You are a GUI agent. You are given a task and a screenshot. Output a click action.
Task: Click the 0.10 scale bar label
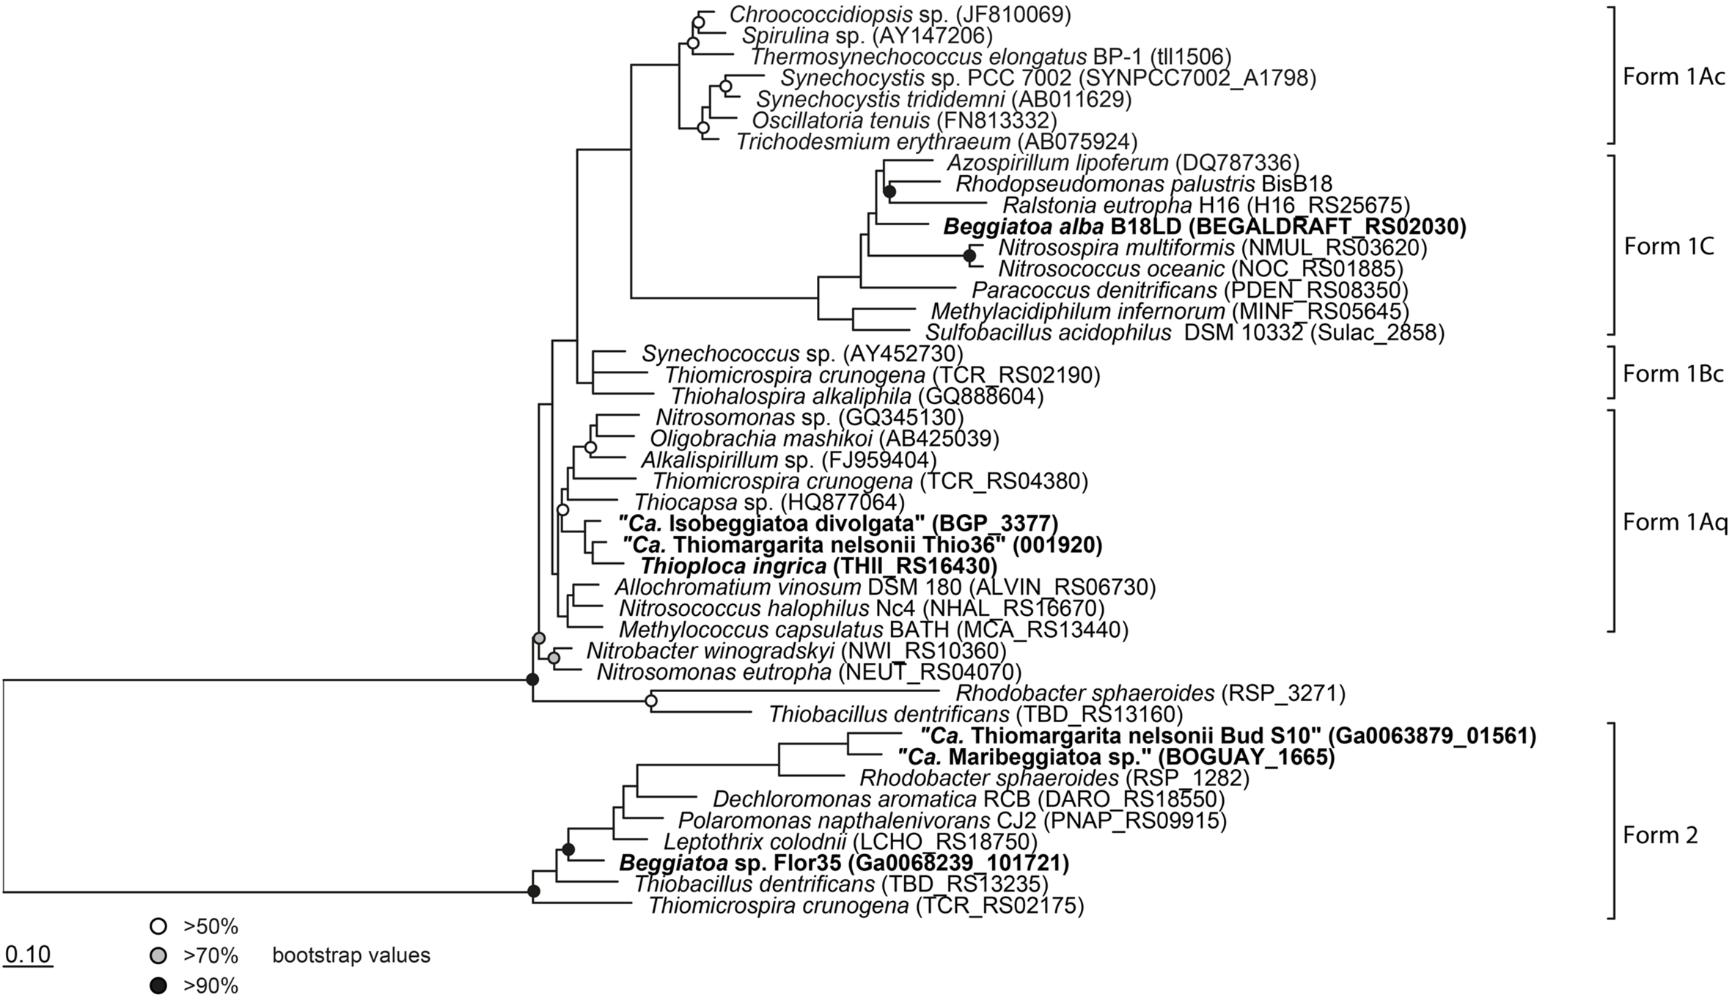[28, 955]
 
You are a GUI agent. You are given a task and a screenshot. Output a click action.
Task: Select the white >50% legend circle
[157, 927]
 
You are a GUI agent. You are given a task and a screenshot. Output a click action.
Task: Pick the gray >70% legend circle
[157, 956]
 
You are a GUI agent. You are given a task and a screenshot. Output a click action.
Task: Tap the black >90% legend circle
[157, 986]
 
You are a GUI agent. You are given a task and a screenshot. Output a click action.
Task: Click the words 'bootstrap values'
[351, 956]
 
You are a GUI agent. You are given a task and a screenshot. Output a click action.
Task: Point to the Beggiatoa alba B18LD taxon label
[1205, 227]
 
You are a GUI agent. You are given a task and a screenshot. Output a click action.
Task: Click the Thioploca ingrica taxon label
[819, 565]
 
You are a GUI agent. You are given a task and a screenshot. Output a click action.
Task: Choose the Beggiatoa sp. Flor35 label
[844, 863]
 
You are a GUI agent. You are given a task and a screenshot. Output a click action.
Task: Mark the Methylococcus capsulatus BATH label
[873, 630]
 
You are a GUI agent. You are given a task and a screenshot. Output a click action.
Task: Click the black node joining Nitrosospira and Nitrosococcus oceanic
[969, 256]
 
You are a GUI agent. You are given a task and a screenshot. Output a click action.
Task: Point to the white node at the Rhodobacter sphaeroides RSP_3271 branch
[650, 702]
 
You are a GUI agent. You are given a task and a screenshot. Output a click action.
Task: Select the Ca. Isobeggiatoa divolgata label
[838, 523]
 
